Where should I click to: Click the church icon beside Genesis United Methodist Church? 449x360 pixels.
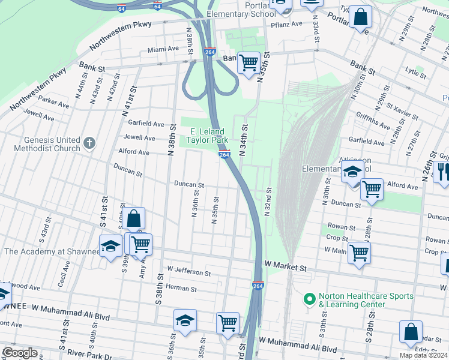[x=89, y=143]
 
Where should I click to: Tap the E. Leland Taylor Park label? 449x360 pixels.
[x=208, y=136]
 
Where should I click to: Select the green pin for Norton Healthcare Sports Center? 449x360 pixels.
[x=310, y=298]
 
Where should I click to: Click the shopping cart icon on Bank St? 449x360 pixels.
[x=249, y=62]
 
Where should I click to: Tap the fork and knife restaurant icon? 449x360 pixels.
[x=443, y=173]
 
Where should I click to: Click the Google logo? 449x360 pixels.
[x=20, y=353]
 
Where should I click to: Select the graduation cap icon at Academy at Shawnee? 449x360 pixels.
[x=110, y=246]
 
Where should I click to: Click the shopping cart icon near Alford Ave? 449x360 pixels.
[x=372, y=189]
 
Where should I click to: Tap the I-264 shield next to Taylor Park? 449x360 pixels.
[x=224, y=155]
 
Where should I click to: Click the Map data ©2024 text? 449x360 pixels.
[x=423, y=355]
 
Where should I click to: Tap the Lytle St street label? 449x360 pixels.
[x=415, y=71]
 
